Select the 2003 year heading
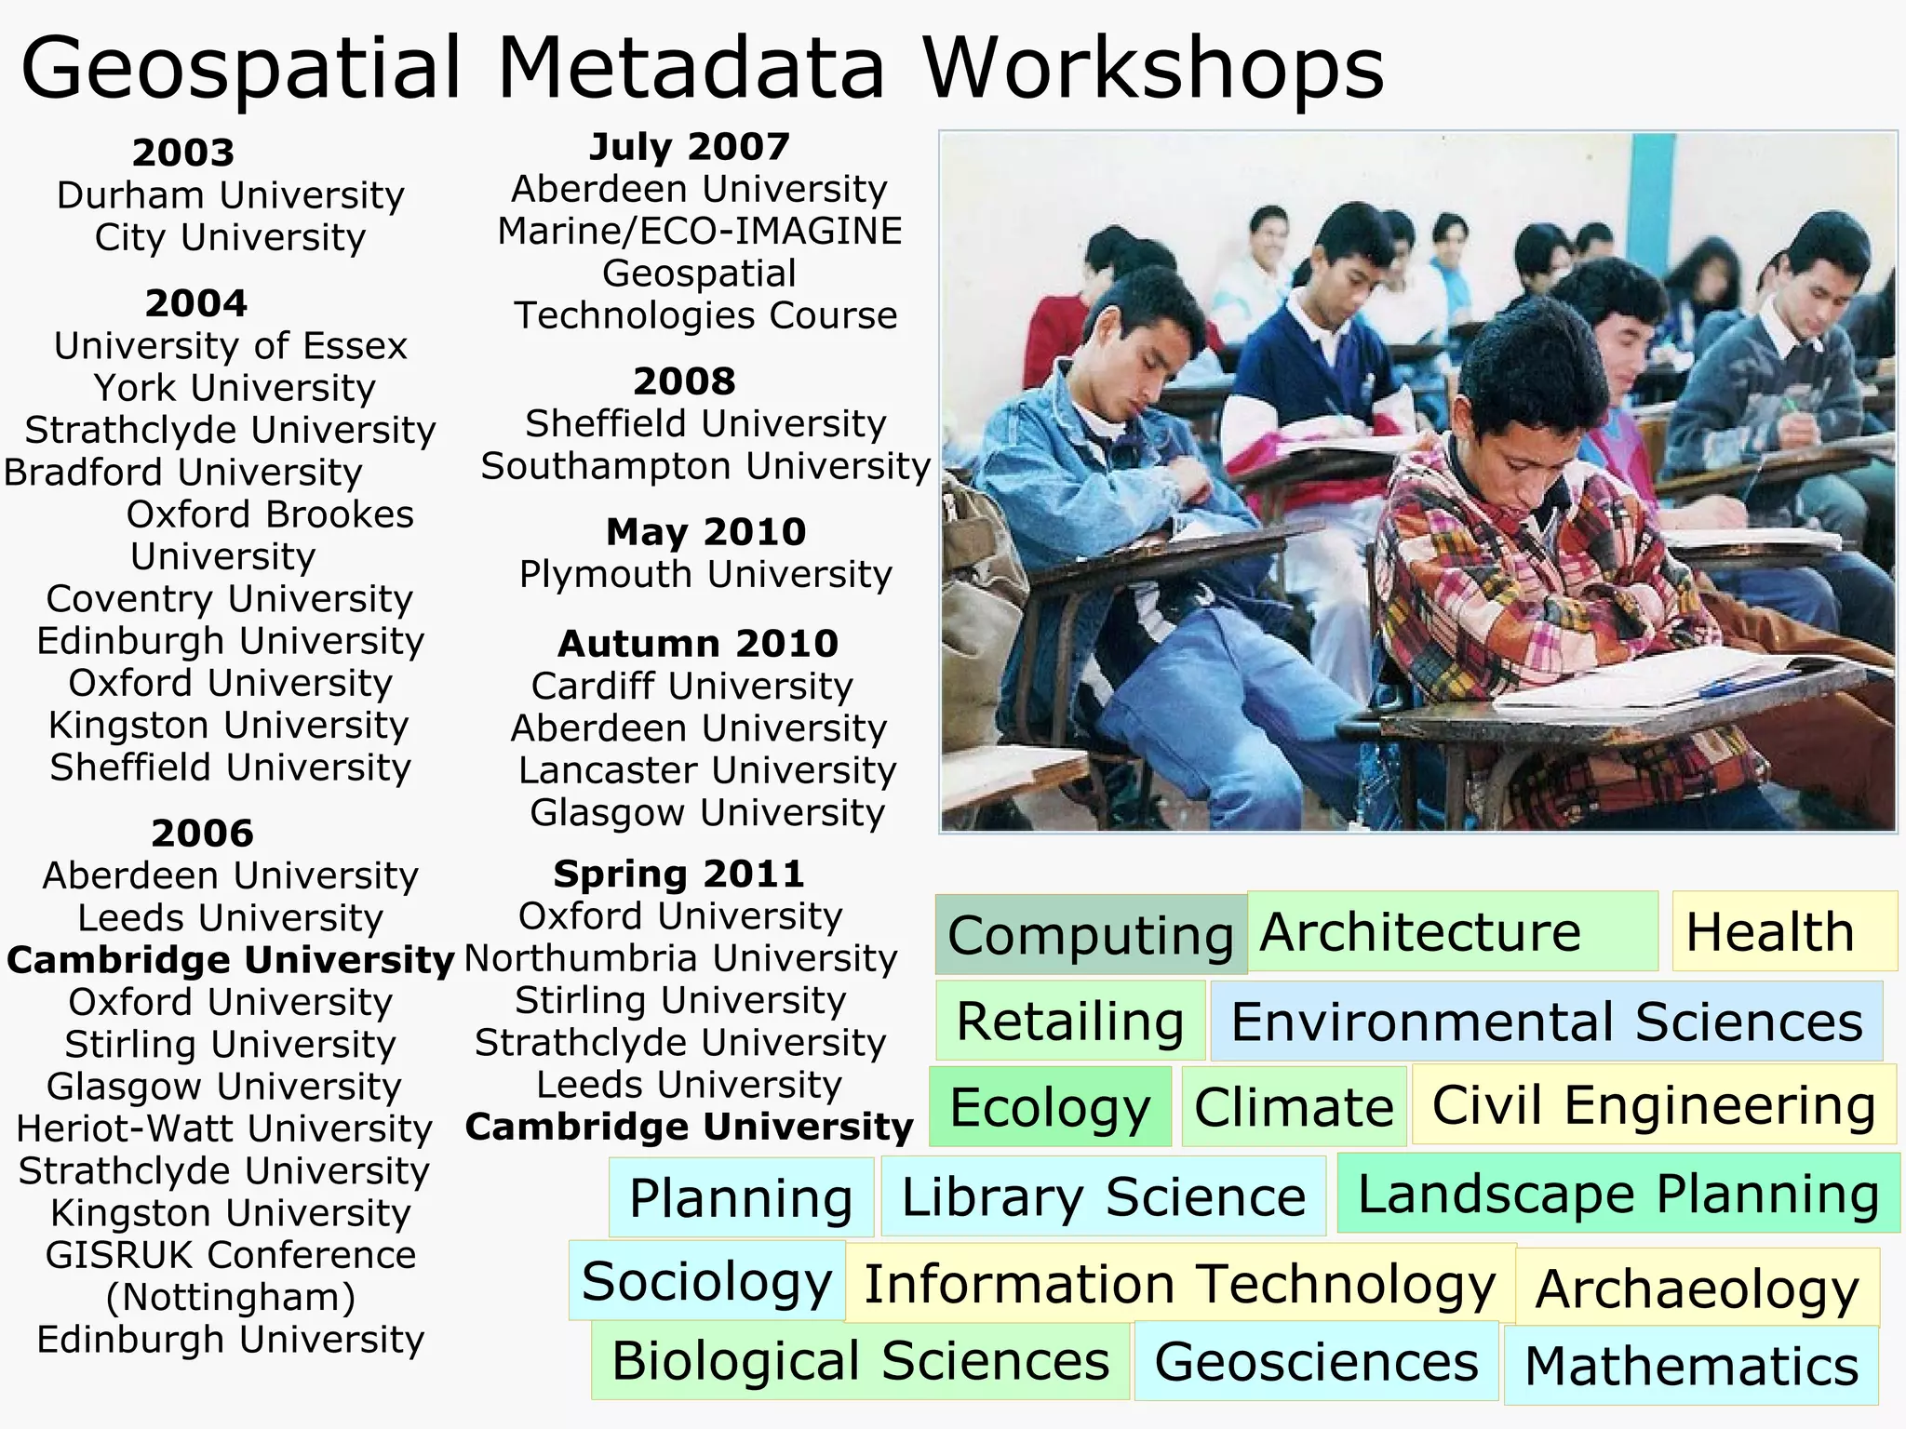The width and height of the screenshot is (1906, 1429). pyautogui.click(x=183, y=153)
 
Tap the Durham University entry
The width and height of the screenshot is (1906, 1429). pyautogui.click(x=230, y=195)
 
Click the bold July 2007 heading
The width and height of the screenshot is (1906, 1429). pyautogui.click(x=690, y=146)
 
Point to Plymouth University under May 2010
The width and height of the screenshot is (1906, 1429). pyautogui.click(x=705, y=574)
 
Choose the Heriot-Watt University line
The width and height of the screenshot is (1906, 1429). pyautogui.click(x=224, y=1129)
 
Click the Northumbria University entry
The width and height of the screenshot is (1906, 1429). pyautogui.click(x=680, y=958)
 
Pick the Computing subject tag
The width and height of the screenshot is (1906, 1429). pyautogui.click(x=1090, y=934)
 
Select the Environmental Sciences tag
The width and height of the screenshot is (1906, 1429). pyautogui.click(x=1547, y=1022)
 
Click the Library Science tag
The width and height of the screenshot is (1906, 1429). pyautogui.click(x=1103, y=1196)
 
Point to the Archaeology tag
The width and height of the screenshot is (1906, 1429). pyautogui.click(x=1697, y=1289)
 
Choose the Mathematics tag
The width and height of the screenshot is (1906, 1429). pyautogui.click(x=1691, y=1366)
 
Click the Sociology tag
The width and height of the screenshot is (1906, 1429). pyautogui.click(x=706, y=1281)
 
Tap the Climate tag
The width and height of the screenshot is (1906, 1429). pyautogui.click(x=1294, y=1106)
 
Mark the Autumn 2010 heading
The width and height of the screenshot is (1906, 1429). pyautogui.click(x=698, y=643)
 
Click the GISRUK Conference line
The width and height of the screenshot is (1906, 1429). pyautogui.click(x=230, y=1255)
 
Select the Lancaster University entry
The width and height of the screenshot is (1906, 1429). pyautogui.click(x=706, y=770)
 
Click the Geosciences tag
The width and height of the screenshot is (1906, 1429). pyautogui.click(x=1316, y=1361)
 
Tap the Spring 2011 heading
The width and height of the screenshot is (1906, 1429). pyautogui.click(x=678, y=874)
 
